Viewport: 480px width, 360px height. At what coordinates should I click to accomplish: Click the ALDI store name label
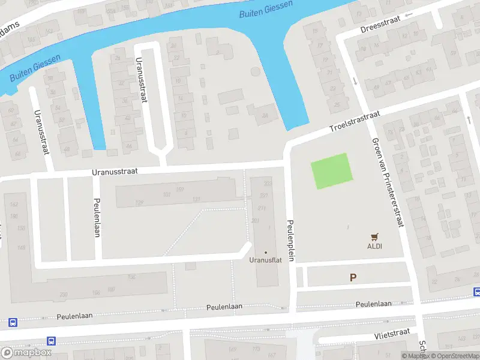point(375,246)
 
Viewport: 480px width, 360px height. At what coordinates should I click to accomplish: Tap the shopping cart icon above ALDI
point(375,237)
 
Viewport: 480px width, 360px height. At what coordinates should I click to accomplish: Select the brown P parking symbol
point(353,277)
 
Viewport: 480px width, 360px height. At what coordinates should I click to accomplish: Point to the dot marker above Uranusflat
point(265,252)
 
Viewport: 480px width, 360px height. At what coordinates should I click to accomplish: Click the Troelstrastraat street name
point(355,121)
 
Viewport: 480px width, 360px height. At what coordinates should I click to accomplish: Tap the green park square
point(329,171)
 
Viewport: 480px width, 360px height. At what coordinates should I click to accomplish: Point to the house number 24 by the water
point(265,115)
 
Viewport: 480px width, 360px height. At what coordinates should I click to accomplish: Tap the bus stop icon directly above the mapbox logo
point(52,341)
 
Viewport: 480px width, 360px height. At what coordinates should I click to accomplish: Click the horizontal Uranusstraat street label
point(115,171)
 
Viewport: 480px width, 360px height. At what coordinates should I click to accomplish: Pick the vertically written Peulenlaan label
point(96,217)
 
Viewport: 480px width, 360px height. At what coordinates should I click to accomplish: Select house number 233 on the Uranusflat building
point(268,183)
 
